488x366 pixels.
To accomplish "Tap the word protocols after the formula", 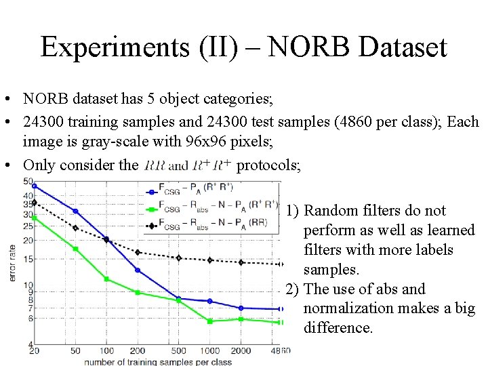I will [268, 165].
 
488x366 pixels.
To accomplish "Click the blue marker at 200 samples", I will [138, 270].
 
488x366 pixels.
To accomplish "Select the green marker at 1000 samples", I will [210, 321].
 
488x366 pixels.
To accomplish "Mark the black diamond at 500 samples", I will [179, 258].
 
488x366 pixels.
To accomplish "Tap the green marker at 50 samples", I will [75, 249].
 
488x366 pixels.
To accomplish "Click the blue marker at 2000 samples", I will [241, 308].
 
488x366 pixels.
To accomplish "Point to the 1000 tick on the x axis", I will [210, 351].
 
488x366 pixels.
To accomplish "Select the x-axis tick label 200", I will [138, 351].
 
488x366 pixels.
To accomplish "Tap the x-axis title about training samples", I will [158, 361].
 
